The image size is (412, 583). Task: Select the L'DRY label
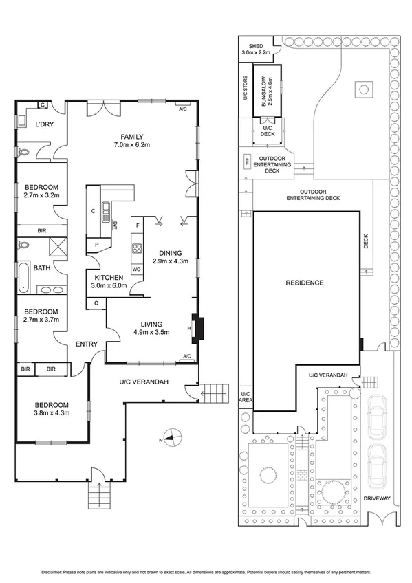(x=44, y=124)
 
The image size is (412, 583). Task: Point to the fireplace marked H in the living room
(x=197, y=328)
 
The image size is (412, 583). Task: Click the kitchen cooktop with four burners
(x=136, y=249)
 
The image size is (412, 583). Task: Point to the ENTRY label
(x=87, y=344)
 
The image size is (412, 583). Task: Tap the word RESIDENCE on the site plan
(x=305, y=283)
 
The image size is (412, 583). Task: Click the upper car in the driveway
(x=379, y=417)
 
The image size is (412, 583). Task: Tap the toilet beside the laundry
(x=24, y=153)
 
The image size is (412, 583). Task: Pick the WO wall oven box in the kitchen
(x=136, y=269)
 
